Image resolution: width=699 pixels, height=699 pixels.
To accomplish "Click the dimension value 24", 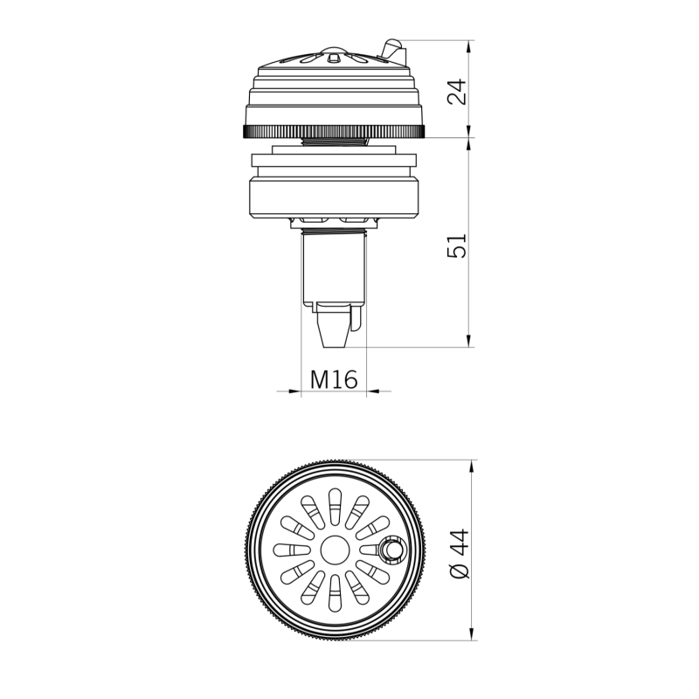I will pos(456,89).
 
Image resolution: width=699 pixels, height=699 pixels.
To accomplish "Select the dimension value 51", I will pos(456,244).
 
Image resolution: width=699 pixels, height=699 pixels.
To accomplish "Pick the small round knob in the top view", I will pos(391,550).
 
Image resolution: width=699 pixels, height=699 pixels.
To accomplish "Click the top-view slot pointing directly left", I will pos(288,550).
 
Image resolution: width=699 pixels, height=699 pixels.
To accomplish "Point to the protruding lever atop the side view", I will pos(394,51).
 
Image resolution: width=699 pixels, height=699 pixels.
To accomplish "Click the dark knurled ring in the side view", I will pos(334,132).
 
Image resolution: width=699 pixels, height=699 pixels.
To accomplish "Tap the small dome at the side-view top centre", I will pos(334,52).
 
